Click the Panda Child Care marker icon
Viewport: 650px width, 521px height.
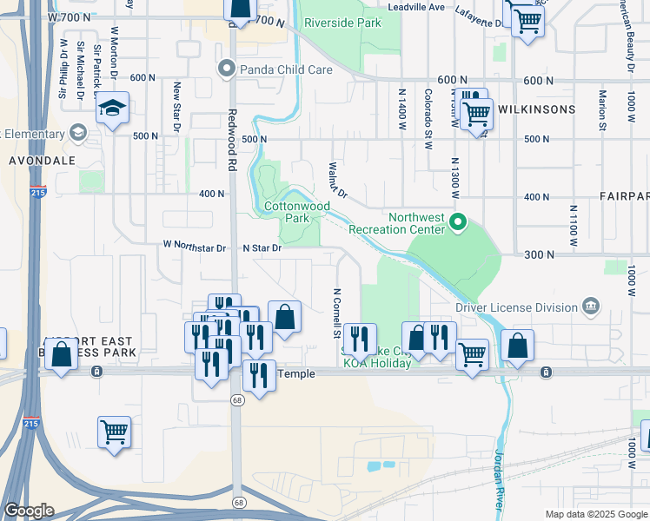coord(228,68)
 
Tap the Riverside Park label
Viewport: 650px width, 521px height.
coord(342,23)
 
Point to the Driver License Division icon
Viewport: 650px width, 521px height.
coord(591,307)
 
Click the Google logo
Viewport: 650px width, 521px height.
coord(29,511)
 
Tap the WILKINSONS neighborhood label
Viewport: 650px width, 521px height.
coord(536,109)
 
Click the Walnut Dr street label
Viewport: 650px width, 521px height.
coord(337,180)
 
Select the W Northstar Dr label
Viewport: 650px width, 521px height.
coord(195,247)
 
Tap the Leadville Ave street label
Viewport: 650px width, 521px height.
coord(415,6)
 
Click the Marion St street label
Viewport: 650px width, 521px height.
coord(601,109)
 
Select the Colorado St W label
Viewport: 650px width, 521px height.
coord(428,118)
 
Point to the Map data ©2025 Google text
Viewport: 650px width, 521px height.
coord(595,514)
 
